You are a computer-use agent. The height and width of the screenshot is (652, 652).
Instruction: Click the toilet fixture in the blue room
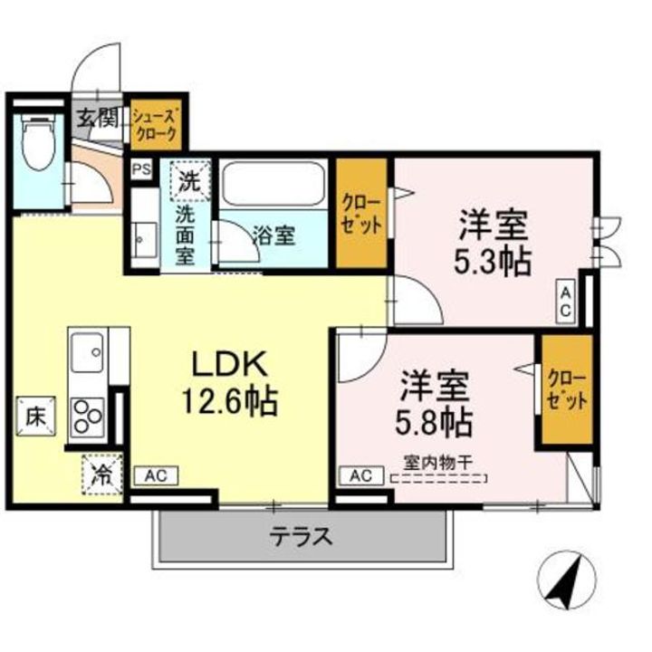click(x=38, y=141)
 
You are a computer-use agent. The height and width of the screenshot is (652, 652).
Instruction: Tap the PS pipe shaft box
click(x=141, y=169)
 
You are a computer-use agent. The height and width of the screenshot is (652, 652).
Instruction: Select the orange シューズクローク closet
click(x=156, y=124)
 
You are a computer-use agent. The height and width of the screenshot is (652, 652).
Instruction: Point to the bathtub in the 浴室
click(x=273, y=183)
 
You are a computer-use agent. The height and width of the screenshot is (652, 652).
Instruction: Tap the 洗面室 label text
click(x=186, y=235)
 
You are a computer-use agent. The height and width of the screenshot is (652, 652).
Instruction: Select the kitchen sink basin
click(x=87, y=352)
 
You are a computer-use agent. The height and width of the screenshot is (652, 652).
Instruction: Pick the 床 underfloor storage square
click(x=35, y=417)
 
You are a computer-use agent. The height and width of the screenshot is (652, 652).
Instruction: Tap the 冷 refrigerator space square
click(x=101, y=475)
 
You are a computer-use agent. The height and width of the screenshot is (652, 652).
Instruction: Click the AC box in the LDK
click(x=157, y=475)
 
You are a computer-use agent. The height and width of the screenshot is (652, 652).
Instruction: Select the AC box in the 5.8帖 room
click(x=361, y=475)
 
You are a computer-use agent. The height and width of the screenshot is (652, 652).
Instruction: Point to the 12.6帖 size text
click(x=229, y=402)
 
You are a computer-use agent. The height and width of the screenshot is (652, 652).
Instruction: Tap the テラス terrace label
click(x=301, y=536)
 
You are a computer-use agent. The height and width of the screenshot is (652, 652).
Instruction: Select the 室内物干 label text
click(x=438, y=463)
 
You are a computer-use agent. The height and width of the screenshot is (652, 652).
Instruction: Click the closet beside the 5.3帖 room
click(x=361, y=213)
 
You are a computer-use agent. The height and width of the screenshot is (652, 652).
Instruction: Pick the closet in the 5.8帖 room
click(x=567, y=390)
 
